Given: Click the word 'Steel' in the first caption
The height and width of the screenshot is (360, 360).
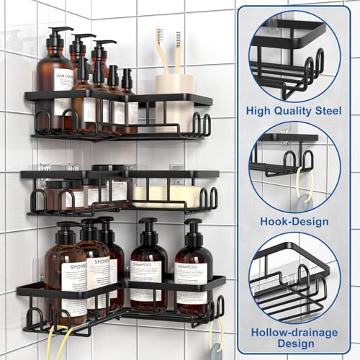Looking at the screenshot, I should [x=325, y=110].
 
